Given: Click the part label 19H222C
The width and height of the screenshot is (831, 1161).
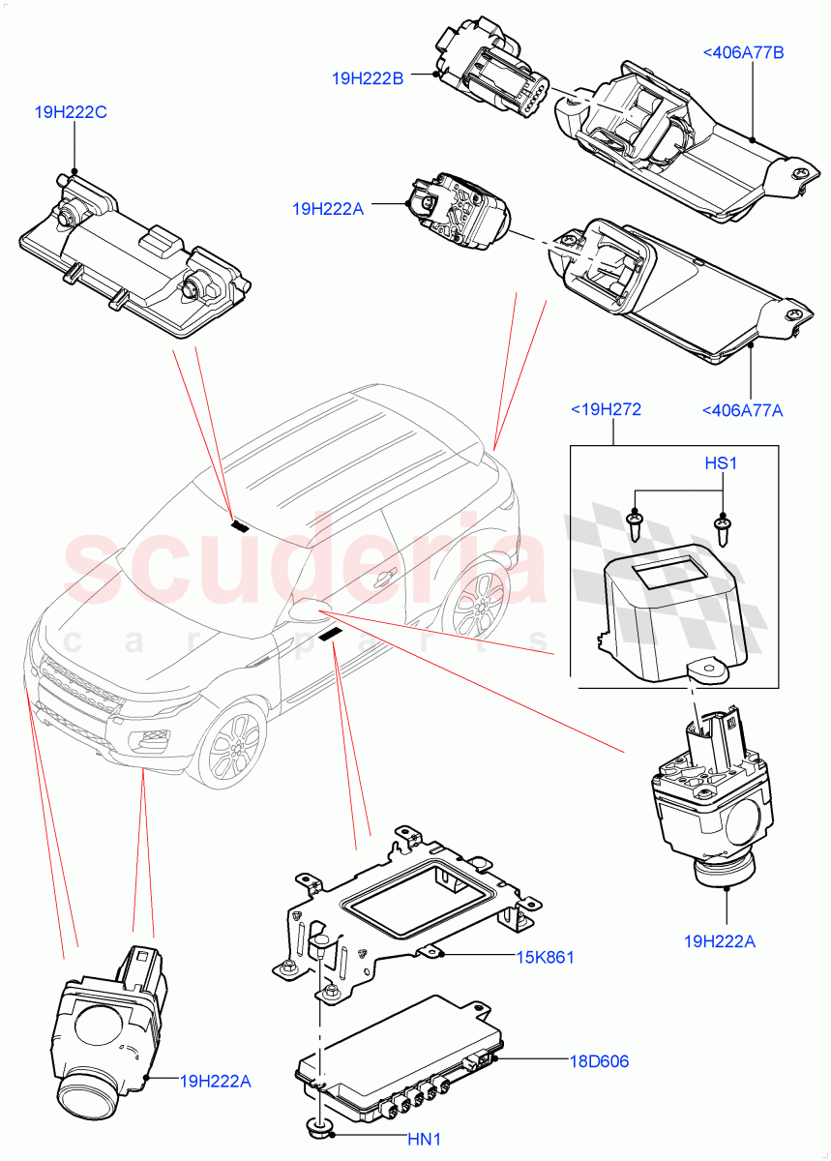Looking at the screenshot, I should click(x=71, y=113).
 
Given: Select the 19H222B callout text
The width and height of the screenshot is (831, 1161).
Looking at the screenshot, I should click(x=368, y=79).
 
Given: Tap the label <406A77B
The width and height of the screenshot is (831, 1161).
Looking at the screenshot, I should click(x=742, y=52).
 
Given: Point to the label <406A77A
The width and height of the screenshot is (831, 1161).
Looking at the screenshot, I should click(x=742, y=410).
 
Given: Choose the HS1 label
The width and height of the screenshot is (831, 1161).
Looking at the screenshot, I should click(x=721, y=464).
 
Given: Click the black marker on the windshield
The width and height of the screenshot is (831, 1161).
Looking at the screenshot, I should click(x=239, y=526).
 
